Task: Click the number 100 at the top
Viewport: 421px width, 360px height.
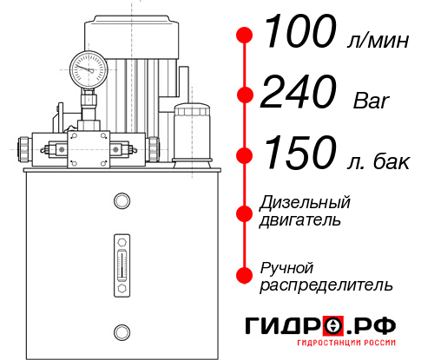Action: click(299, 35)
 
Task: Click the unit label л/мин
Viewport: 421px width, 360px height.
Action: click(375, 42)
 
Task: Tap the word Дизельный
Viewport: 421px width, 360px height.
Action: click(306, 203)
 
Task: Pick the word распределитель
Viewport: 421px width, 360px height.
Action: click(326, 285)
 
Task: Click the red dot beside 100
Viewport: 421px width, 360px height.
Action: click(245, 36)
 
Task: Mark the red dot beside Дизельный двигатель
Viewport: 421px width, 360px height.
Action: click(245, 212)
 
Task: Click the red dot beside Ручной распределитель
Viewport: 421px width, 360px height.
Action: click(245, 275)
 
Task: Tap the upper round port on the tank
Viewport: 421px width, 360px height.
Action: click(121, 201)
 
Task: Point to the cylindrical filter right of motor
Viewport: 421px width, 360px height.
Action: click(190, 130)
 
